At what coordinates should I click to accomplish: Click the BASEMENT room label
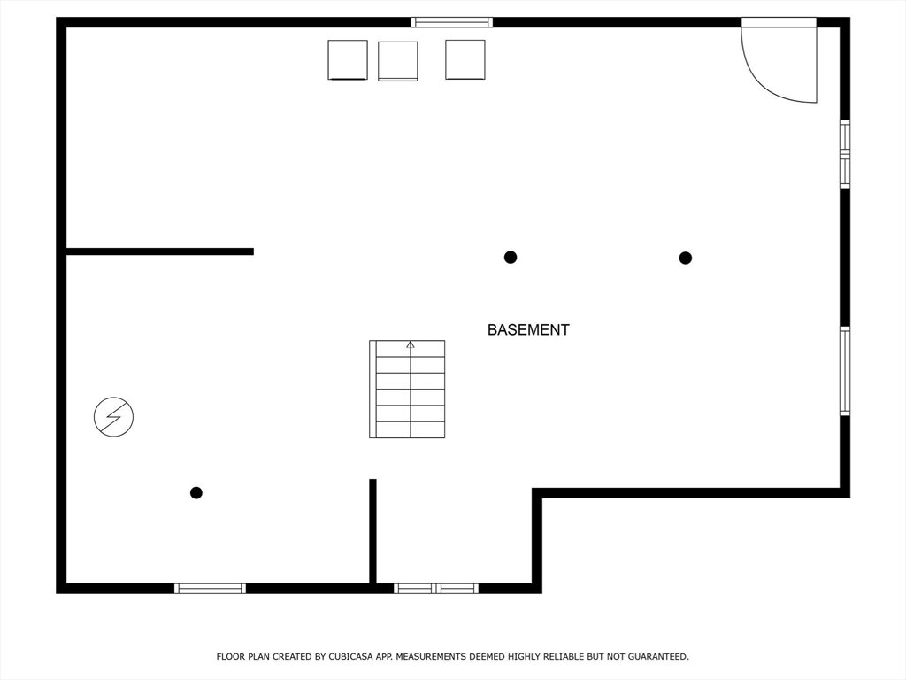point(528,329)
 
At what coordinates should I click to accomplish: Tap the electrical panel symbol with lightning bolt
point(114,416)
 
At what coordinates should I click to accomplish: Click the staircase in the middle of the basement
point(407,390)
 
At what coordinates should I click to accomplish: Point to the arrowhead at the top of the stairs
point(411,344)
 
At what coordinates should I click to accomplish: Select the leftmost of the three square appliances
point(348,59)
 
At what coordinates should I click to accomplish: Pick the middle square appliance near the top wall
point(397,61)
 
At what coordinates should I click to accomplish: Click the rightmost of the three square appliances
point(465,59)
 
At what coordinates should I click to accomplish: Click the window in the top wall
point(452,22)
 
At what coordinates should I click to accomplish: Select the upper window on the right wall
point(845,154)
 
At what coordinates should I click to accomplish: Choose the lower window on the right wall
point(845,371)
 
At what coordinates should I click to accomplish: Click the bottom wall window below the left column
point(211,589)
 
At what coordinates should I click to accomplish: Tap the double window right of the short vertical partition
point(436,589)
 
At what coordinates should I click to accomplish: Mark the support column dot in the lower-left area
point(196,492)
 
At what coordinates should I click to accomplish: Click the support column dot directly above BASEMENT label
point(511,258)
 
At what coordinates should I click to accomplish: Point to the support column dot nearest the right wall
point(686,258)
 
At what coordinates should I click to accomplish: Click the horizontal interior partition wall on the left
point(160,251)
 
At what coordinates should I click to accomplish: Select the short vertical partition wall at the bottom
point(372,531)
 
